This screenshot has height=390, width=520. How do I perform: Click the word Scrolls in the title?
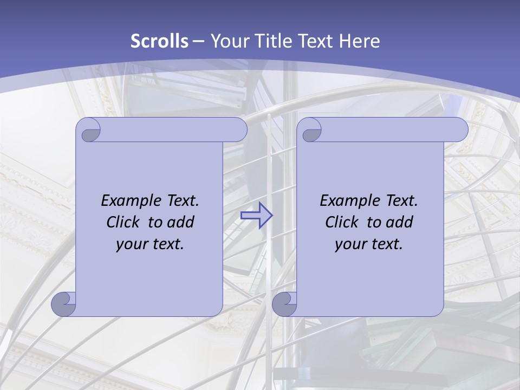pyautogui.click(x=159, y=41)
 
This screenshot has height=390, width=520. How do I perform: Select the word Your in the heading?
pyautogui.click(x=227, y=41)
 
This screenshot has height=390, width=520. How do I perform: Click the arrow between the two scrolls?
pyautogui.click(x=256, y=216)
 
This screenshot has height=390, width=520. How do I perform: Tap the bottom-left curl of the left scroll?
pyautogui.click(x=64, y=304)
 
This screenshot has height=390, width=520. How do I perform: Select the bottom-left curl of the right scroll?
pyautogui.click(x=285, y=304)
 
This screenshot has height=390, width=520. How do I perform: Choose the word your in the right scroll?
pyautogui.click(x=350, y=245)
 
